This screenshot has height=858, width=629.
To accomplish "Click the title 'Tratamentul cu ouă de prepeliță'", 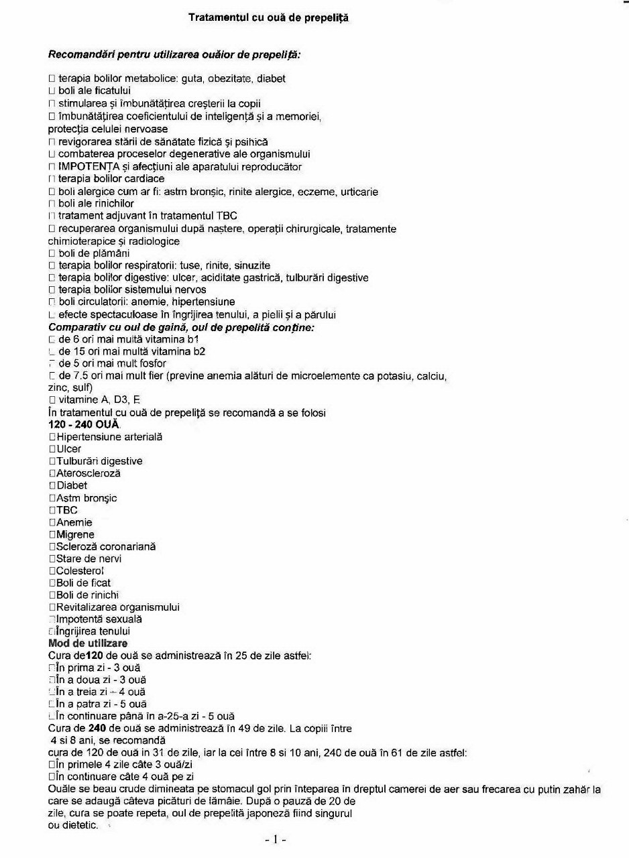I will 268,18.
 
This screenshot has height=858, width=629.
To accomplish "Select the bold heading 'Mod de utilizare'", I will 88,643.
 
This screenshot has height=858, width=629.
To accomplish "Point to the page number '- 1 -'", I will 276,839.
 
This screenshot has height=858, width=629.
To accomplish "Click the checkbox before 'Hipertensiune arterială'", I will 52,437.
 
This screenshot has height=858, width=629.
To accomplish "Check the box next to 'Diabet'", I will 52,486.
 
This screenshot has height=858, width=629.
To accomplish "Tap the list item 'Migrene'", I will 75,535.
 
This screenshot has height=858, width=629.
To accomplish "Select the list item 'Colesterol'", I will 80,571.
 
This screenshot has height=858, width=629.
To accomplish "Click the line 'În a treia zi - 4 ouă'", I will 101,692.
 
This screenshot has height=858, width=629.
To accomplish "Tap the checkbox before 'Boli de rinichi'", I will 52,595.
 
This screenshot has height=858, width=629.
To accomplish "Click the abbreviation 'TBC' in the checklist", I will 67,510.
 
